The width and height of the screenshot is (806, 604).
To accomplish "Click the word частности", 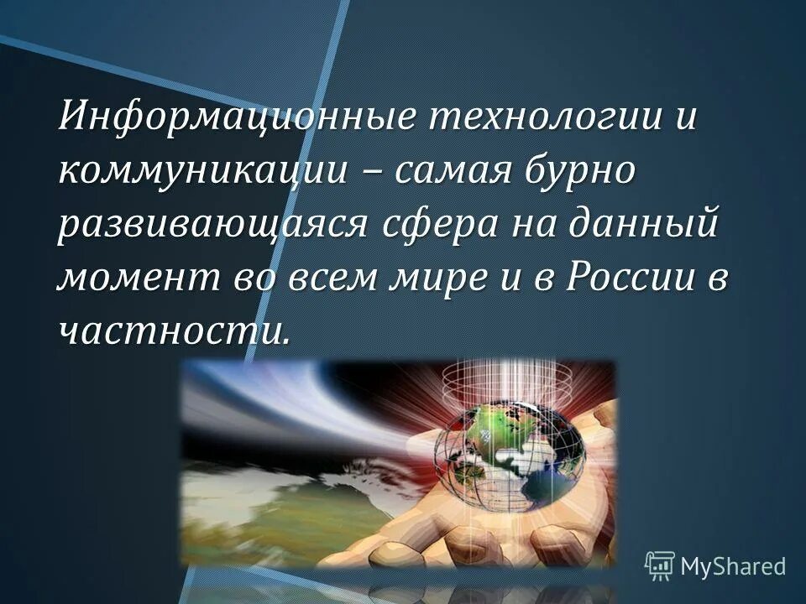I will pyautogui.click(x=173, y=331).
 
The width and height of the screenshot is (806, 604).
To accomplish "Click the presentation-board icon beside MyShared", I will pyautogui.click(x=660, y=565).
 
